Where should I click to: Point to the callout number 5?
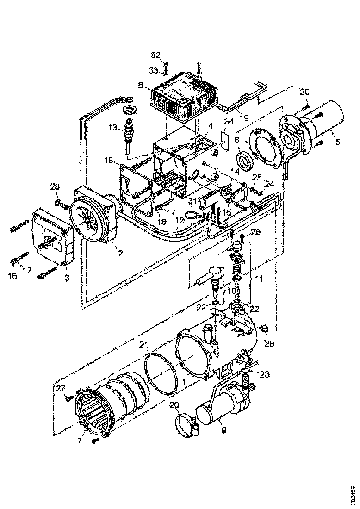click(x=337, y=142)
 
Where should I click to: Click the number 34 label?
click(x=228, y=122)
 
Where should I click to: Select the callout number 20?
click(x=173, y=405)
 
